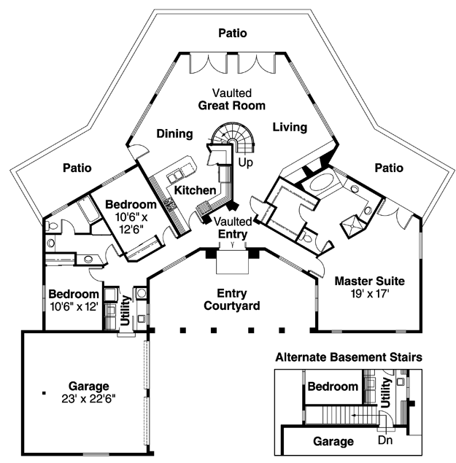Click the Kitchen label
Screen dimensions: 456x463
click(195, 190)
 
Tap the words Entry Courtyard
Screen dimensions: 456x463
click(232, 300)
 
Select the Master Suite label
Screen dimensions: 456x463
click(370, 281)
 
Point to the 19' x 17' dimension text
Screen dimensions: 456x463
click(370, 294)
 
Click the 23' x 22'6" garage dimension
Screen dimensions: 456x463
click(89, 399)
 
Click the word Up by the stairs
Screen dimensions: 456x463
click(246, 163)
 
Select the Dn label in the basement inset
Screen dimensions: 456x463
click(385, 440)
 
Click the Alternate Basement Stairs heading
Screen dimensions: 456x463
click(349, 357)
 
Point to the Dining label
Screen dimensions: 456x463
click(174, 133)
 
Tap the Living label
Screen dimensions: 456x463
click(290, 128)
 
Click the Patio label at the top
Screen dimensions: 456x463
click(233, 33)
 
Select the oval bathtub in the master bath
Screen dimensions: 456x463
click(322, 182)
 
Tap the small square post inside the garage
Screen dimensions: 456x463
click(44, 393)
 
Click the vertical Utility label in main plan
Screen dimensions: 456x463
click(126, 311)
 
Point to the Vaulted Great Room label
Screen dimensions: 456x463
click(232, 99)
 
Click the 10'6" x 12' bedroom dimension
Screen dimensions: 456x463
click(74, 307)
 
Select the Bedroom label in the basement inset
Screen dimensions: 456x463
click(333, 386)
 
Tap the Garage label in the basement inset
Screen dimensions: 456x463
click(333, 441)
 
